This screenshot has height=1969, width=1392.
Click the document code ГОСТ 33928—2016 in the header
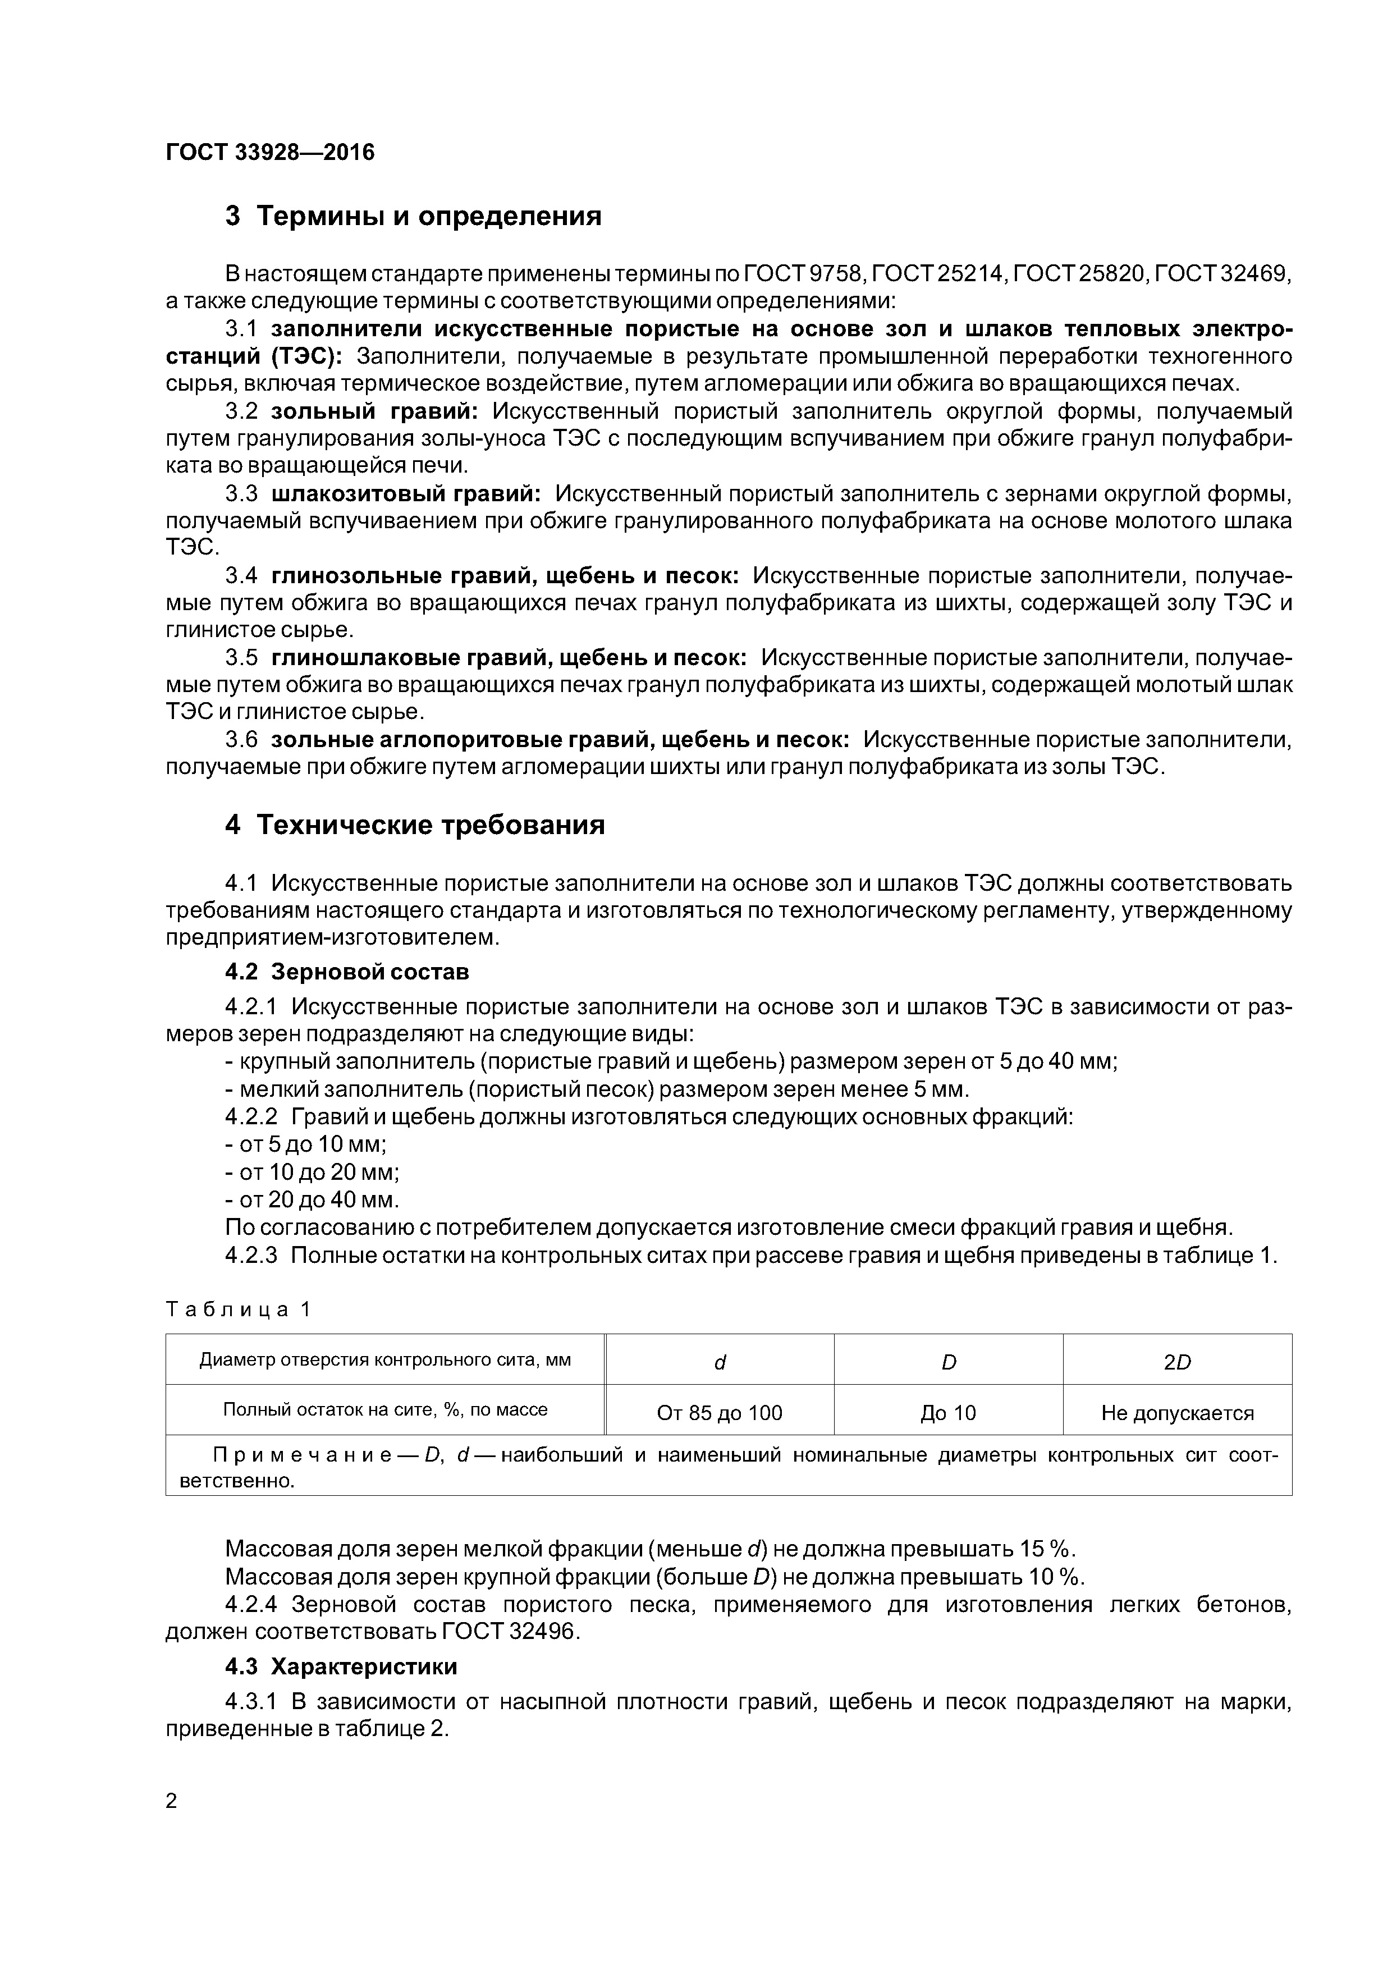pyautogui.click(x=270, y=153)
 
